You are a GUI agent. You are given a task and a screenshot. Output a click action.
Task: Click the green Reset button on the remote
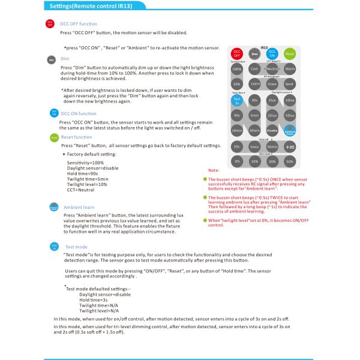tap(290, 53)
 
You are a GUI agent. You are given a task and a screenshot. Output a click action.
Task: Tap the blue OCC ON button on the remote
tap(272, 53)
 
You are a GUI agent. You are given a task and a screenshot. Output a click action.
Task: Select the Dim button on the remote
tap(254, 54)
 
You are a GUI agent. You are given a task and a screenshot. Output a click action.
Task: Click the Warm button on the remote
tap(290, 69)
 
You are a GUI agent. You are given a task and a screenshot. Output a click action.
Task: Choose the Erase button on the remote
tap(272, 84)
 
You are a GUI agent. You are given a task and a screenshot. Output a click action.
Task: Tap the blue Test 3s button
tap(237, 100)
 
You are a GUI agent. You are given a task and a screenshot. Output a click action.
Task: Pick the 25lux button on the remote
tap(272, 115)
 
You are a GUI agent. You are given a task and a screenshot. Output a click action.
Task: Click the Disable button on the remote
tap(272, 130)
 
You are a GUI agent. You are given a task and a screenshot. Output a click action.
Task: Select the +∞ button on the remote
tap(290, 146)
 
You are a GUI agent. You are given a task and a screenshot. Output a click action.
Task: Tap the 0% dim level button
tap(237, 161)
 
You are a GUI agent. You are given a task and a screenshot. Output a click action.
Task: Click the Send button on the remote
tap(290, 84)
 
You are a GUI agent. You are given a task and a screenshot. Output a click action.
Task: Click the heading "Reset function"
tap(76, 137)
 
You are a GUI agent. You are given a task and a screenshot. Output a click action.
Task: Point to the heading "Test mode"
tap(76, 247)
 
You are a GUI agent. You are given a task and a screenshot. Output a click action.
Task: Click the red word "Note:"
tap(214, 171)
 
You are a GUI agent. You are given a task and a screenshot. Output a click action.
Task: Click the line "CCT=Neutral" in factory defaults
tap(81, 190)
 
